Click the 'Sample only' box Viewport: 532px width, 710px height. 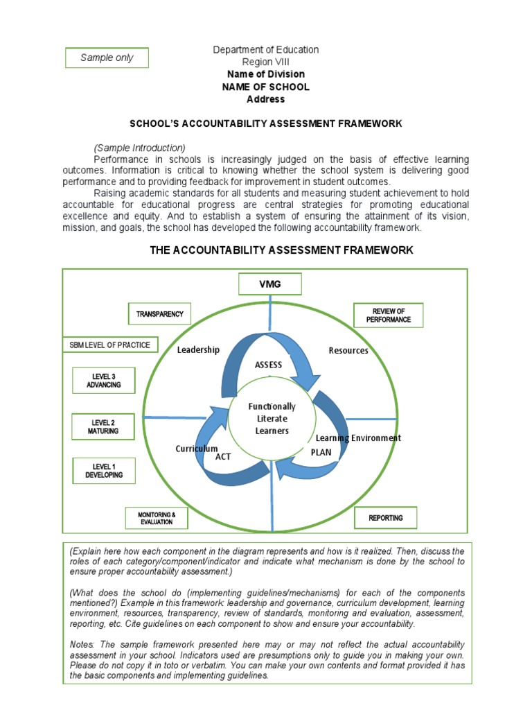pos(107,58)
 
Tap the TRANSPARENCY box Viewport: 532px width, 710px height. pos(159,314)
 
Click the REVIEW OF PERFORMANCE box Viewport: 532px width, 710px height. pos(388,315)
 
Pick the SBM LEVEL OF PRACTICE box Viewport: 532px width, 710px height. pos(109,345)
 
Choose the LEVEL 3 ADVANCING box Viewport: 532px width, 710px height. pos(104,380)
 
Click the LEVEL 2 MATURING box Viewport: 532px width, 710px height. pos(104,426)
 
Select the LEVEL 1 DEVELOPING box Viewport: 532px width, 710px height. pos(104,471)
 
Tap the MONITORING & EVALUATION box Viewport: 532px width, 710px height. pos(156,518)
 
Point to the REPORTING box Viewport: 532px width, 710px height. pos(385,518)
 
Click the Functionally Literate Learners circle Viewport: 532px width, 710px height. pos(272,419)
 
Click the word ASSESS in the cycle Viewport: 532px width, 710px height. pos(269,365)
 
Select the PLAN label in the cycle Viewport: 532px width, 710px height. pos(321,452)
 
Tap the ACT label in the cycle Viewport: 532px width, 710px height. pos(223,457)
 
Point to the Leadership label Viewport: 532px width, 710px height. pos(198,349)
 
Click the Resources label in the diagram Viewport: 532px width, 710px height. pos(348,350)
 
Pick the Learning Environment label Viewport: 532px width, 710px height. pos(358,438)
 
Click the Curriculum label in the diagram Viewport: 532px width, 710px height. pos(197,449)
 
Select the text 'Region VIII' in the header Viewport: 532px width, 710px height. pos(265,62)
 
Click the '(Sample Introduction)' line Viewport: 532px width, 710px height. pos(139,148)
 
